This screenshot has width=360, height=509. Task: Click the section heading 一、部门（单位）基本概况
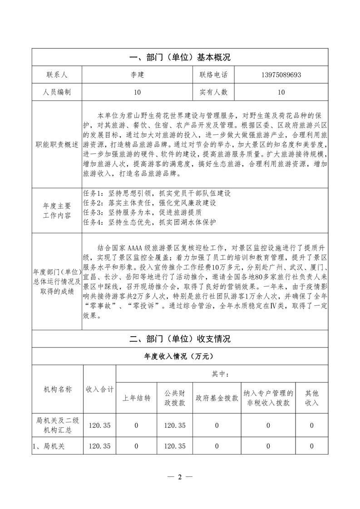coord(180,58)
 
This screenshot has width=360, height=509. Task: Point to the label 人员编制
coord(57,92)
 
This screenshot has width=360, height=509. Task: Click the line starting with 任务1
coord(157,193)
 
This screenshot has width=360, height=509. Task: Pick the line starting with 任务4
coord(150,222)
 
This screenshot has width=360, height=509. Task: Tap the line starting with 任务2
coord(150,203)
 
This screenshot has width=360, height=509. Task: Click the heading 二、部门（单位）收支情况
coord(180,339)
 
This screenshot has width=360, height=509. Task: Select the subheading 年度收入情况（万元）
coord(180,356)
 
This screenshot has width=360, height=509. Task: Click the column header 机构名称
coord(57,389)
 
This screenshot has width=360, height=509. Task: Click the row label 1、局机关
coord(49,446)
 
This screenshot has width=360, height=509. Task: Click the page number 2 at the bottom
coord(180,477)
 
